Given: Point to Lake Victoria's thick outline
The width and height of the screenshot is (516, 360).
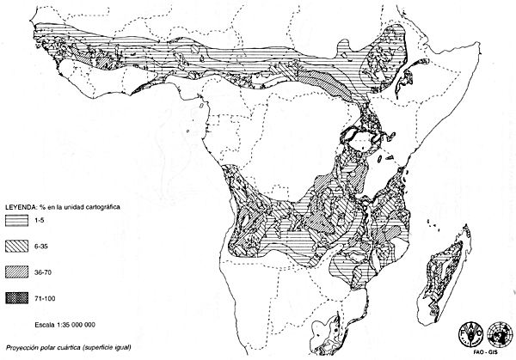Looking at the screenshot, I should (x=363, y=137).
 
